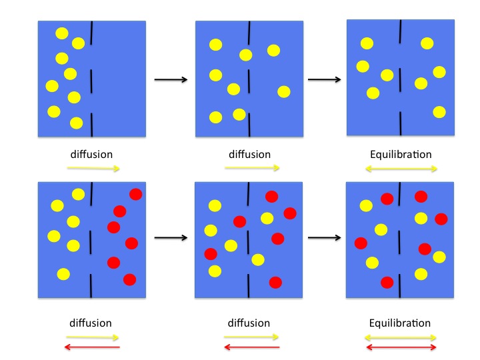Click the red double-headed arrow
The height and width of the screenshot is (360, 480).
point(401,347)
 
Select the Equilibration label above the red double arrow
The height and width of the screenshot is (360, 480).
point(400,323)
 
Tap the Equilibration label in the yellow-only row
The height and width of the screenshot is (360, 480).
point(401,155)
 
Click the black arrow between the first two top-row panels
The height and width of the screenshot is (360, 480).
point(171,80)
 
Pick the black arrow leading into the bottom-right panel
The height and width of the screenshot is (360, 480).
point(325,237)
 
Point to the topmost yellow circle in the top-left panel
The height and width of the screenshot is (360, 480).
point(61,33)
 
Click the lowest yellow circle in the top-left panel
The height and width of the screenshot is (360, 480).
point(76,123)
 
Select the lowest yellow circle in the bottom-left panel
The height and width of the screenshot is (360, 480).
point(63,274)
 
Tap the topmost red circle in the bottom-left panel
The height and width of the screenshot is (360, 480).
point(135,194)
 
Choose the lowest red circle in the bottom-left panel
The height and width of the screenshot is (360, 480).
point(129,279)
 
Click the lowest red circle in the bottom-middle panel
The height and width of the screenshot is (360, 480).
point(275,283)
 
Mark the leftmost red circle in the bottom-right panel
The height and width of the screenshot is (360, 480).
point(361,243)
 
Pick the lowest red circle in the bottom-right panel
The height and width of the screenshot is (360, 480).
point(387,282)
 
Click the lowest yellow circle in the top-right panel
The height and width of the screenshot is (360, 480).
point(439,112)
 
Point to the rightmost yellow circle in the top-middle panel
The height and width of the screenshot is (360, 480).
point(283,91)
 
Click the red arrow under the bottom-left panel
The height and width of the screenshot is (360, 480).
point(93,347)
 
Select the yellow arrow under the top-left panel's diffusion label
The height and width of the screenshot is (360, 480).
point(93,169)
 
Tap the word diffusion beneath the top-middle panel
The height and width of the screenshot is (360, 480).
point(249,155)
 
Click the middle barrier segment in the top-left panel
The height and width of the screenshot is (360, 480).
point(92,81)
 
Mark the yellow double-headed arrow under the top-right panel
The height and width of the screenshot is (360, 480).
point(401,169)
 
